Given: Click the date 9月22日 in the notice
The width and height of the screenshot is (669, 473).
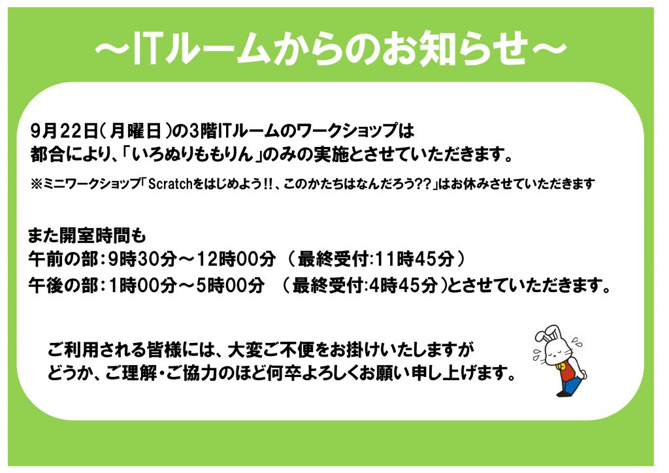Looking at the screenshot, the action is pos(65,131).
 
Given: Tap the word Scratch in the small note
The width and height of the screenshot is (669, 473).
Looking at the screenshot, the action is pos(171,184).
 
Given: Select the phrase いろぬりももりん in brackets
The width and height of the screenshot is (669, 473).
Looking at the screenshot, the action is pos(193,154).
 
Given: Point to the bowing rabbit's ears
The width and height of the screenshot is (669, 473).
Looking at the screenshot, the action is pos(549,334).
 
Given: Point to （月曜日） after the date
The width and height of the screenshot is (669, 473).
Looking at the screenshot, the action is pos(136,131).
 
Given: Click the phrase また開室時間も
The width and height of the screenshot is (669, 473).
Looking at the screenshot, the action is pos(87,235).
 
